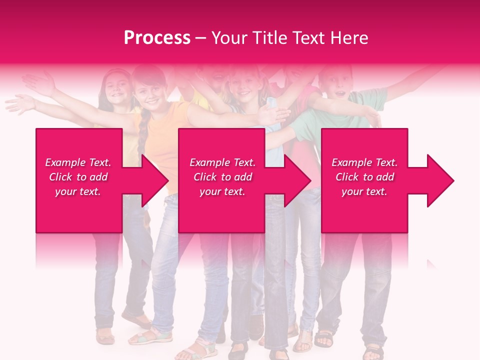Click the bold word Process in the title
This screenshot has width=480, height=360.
click(157, 38)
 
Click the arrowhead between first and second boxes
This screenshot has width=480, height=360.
click(154, 180)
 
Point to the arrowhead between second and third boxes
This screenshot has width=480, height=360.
click(297, 180)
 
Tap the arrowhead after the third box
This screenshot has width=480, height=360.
click(439, 180)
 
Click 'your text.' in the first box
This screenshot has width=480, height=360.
click(78, 191)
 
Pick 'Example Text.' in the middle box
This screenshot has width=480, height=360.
click(222, 162)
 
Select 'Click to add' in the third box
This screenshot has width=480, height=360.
click(364, 177)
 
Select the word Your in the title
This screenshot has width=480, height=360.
click(228, 38)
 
